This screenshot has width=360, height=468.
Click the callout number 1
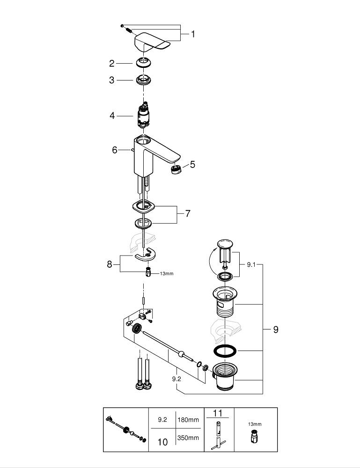pos(192,34)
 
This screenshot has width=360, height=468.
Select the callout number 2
pos(112,63)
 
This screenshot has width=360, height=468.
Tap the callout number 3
pos(112,80)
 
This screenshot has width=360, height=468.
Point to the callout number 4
pos(112,115)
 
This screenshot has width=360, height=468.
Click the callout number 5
pos(192,165)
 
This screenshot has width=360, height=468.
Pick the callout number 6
pos(115,150)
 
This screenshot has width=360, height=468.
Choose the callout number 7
pos(187,213)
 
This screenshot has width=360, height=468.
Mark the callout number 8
pos(110,264)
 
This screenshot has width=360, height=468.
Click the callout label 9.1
pos(251,264)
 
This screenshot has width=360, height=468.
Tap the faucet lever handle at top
pos(152,42)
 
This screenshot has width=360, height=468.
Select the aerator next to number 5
pos(176,169)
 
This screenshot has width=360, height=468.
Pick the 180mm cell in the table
pos(188,420)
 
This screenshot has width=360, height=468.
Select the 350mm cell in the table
pos(188,438)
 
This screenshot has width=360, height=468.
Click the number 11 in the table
pos(218,413)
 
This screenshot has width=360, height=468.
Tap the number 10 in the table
pos(162,442)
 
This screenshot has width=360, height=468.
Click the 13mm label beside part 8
pos(166,273)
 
